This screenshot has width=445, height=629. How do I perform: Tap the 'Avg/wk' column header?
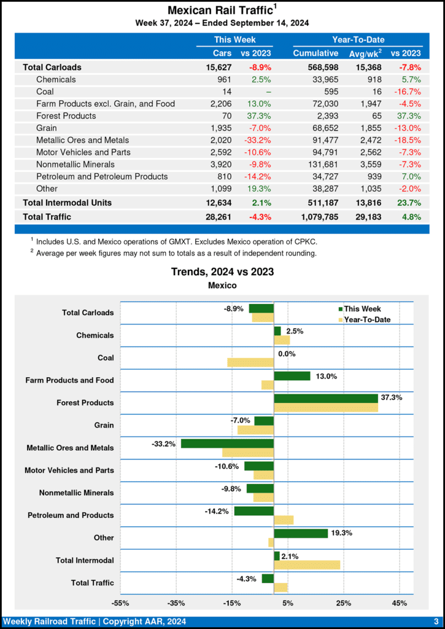(x=363, y=53)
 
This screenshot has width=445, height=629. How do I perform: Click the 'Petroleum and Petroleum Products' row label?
(x=102, y=176)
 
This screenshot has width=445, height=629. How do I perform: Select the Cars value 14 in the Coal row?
(x=226, y=92)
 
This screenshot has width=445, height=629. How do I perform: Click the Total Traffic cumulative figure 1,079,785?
(x=315, y=216)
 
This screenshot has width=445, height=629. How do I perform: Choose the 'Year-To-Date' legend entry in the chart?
(x=367, y=319)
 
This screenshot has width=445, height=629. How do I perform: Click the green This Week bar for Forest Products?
(x=325, y=398)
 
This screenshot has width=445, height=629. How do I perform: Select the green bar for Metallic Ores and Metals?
(x=227, y=443)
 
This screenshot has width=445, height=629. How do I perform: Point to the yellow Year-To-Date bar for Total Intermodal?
(x=307, y=565)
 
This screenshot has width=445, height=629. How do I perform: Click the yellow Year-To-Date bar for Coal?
(x=250, y=362)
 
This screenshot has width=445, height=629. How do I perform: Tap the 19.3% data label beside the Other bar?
(x=341, y=533)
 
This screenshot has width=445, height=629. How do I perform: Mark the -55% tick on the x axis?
(x=120, y=603)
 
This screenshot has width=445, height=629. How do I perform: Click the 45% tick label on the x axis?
(x=399, y=603)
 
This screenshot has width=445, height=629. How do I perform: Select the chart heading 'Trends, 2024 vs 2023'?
(x=222, y=272)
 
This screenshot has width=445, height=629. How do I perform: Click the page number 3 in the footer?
(x=435, y=622)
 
